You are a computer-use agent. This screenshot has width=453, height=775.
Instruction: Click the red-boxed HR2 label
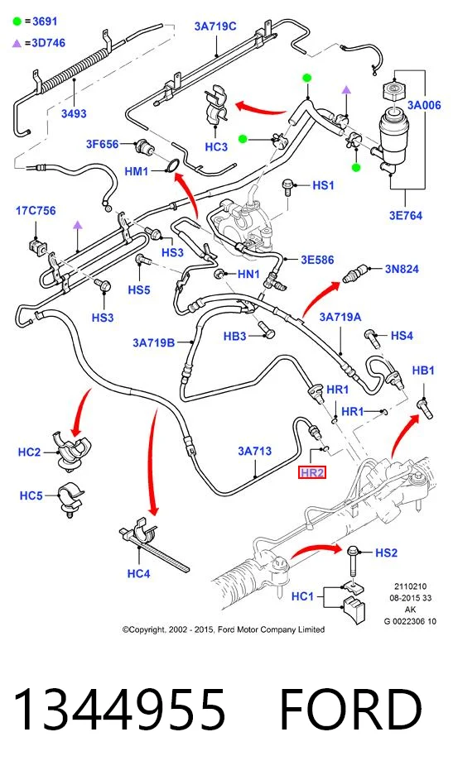(312, 472)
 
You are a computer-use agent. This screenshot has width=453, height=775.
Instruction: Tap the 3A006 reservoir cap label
(424, 105)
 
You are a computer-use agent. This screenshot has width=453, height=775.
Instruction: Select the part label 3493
(74, 113)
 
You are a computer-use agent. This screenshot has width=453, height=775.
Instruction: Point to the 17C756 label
(36, 211)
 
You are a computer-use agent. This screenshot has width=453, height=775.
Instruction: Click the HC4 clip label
(138, 573)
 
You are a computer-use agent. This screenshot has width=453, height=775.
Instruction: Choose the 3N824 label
(402, 269)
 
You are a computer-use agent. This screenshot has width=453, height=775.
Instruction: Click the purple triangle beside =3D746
(17, 44)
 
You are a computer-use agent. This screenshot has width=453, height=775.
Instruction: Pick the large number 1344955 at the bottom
(119, 710)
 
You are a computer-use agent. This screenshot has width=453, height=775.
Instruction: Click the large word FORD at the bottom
(351, 710)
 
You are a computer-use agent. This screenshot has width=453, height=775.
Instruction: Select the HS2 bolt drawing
(353, 561)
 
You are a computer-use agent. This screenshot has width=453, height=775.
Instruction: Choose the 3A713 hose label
(254, 451)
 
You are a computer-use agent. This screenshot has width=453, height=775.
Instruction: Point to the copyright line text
(224, 629)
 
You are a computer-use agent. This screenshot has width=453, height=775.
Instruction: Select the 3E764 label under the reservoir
(406, 216)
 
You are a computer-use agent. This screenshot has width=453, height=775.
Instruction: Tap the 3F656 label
(103, 144)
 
